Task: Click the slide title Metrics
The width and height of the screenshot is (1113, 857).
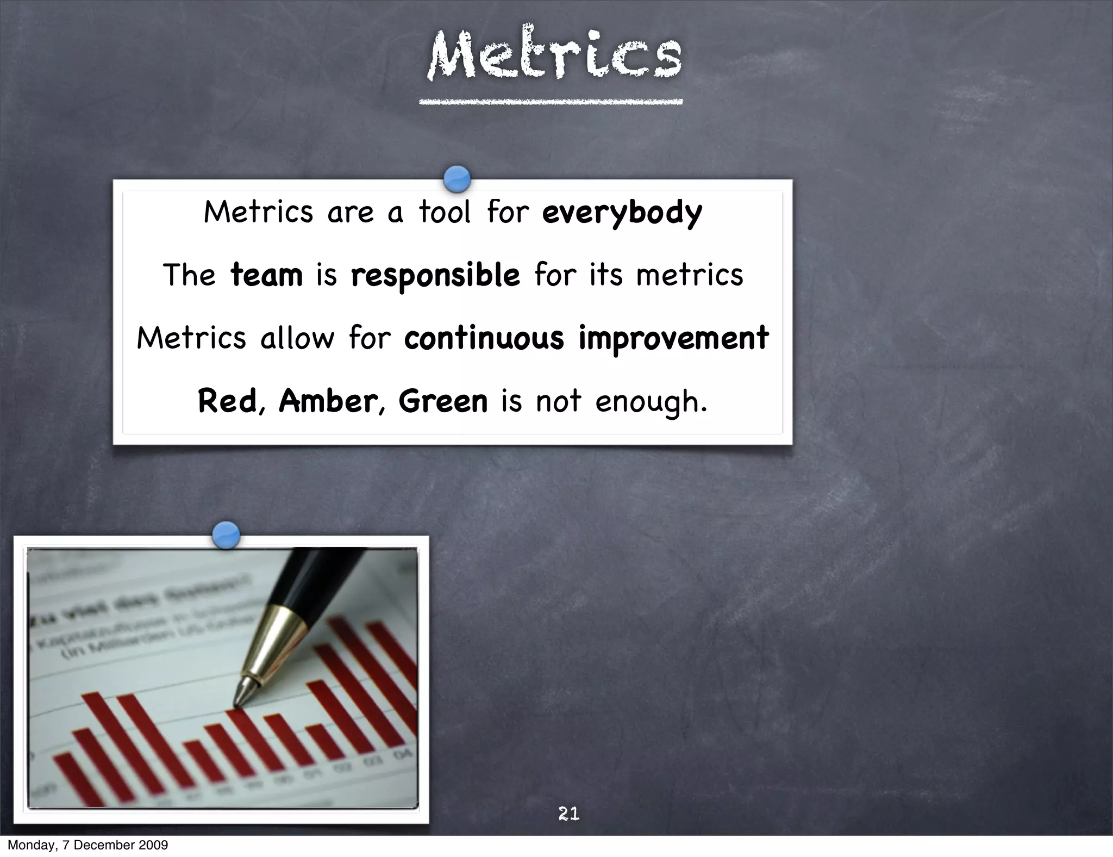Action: (x=554, y=54)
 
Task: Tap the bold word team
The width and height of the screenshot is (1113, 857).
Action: (x=266, y=275)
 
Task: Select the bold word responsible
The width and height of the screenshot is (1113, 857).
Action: (x=435, y=276)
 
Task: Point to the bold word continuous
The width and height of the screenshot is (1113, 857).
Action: (x=484, y=338)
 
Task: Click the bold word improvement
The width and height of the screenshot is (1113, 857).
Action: (x=673, y=339)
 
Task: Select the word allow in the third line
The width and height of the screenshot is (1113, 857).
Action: (x=297, y=338)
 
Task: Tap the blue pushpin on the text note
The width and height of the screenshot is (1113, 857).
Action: (x=457, y=179)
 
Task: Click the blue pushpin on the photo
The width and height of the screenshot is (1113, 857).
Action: (x=226, y=535)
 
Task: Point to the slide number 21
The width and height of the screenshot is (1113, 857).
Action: (x=568, y=813)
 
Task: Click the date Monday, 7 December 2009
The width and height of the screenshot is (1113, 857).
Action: (x=87, y=845)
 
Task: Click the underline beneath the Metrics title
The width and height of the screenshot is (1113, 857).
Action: (x=551, y=102)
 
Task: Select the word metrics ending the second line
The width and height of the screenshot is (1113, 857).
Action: (x=689, y=275)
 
